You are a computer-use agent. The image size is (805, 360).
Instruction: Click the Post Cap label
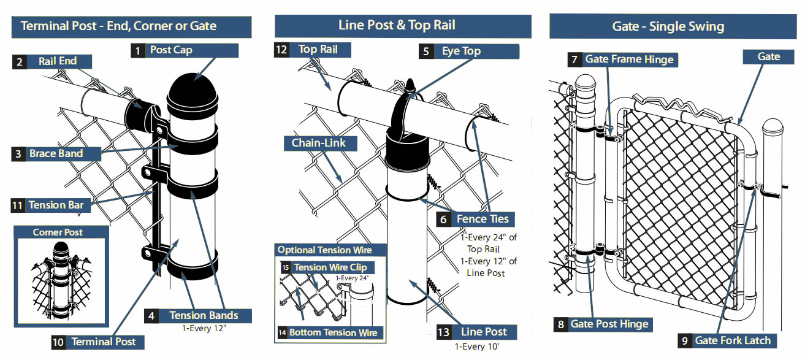[171, 50]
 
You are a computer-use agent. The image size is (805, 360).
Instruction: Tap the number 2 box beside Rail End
[20, 61]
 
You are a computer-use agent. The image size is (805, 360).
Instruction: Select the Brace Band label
[56, 154]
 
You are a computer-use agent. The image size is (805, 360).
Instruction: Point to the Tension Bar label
[56, 205]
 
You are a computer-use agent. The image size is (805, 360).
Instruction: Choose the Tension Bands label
[203, 315]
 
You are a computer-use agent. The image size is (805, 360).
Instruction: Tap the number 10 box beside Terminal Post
[58, 342]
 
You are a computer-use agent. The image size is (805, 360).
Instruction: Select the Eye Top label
[461, 52]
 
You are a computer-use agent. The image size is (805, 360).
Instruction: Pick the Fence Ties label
[483, 219]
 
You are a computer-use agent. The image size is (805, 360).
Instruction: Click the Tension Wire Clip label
[331, 267]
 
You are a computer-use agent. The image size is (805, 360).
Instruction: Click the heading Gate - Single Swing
[668, 26]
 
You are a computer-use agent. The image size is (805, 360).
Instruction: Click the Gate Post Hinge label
[609, 324]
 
